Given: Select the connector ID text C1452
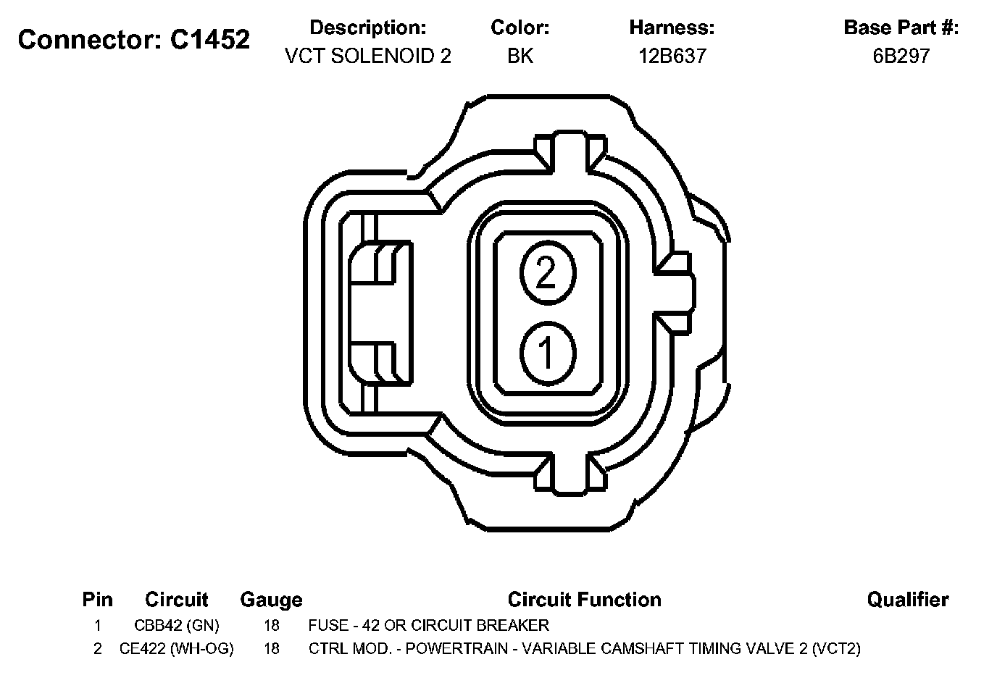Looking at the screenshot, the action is [x=210, y=40].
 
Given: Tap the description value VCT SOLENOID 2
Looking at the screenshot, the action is [x=368, y=56].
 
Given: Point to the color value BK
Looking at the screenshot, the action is [x=520, y=56].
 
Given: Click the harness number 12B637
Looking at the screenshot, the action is [x=672, y=56].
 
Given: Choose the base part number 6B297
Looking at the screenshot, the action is [x=901, y=56].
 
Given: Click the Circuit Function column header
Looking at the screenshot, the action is [x=585, y=600].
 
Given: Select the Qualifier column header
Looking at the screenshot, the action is [x=908, y=600].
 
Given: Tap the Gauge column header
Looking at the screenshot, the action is [x=271, y=600].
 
